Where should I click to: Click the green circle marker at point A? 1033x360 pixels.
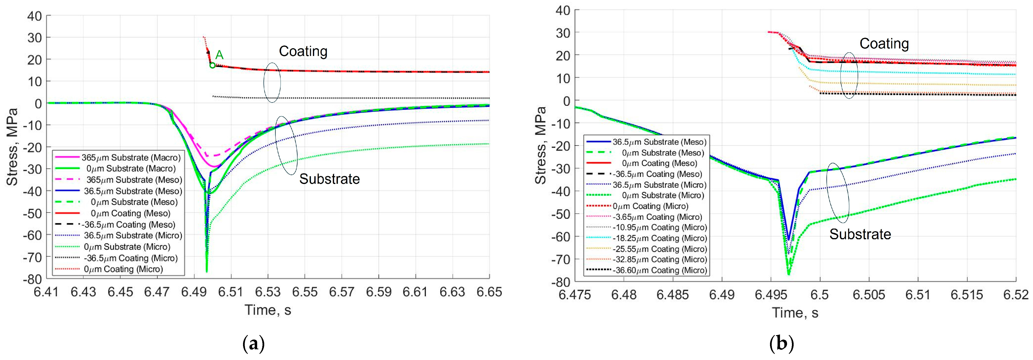pos(213,65)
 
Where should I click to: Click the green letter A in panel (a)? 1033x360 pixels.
pos(219,55)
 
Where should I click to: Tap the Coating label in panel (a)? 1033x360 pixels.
pos(303,51)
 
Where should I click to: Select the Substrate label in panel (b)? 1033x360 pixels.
pos(860,234)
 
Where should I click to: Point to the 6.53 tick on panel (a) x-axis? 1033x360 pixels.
pos(268,292)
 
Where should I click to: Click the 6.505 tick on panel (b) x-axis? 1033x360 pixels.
pos(869,295)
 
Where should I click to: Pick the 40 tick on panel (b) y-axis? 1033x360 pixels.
pos(563,10)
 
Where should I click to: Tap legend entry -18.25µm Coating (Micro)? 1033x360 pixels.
pos(660,238)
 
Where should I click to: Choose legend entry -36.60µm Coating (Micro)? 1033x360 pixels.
pos(660,270)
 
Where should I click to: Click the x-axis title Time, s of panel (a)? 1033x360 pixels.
pos(268,310)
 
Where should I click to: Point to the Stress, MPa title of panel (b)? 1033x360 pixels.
pos(541,145)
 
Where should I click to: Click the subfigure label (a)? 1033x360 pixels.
pos(254,344)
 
